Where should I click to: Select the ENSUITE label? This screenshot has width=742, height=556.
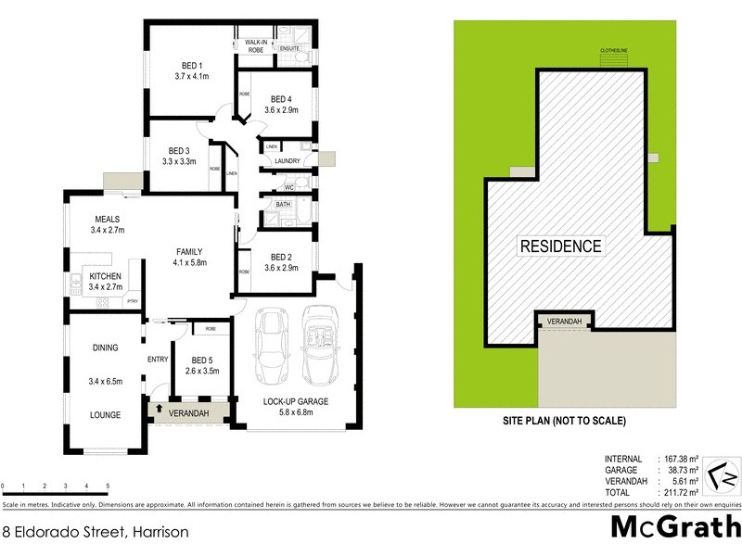290,48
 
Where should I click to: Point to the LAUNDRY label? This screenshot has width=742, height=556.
287,161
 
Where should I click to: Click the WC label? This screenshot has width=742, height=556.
288,188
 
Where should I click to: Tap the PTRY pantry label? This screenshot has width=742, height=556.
133,301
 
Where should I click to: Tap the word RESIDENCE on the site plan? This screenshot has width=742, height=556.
560,246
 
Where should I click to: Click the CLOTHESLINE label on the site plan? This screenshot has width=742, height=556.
614,51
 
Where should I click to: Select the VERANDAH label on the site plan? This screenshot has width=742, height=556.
565,321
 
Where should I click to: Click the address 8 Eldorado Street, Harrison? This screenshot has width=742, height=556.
96,532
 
